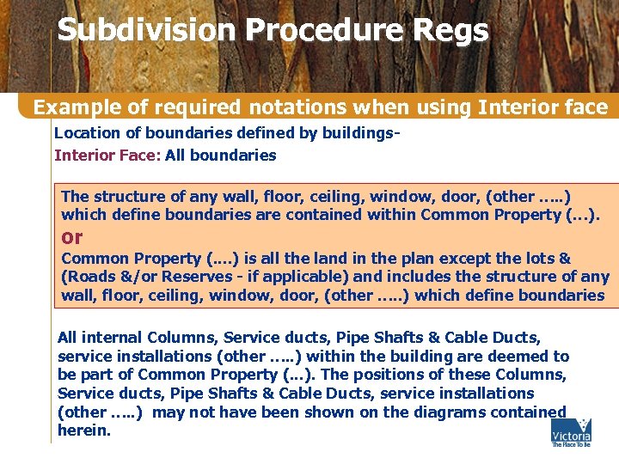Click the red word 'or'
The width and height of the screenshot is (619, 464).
[x=73, y=236]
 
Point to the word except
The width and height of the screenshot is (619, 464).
[x=470, y=259]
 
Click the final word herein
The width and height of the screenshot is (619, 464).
[x=83, y=430]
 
